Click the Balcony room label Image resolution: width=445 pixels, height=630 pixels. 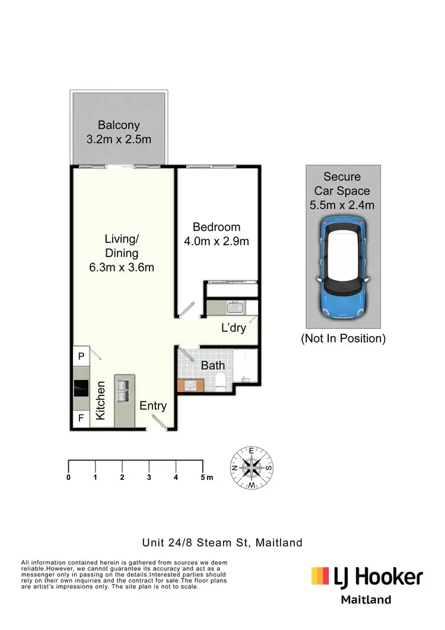click(119, 125)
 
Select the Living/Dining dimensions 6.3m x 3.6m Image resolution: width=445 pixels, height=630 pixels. click(121, 267)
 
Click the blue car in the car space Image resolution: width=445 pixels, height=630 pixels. click(343, 267)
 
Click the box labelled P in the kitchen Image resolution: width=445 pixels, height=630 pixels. click(81, 357)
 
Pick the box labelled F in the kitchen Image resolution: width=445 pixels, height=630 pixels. click(81, 418)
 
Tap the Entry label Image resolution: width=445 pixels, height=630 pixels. click(153, 406)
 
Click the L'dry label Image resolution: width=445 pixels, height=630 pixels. click(233, 328)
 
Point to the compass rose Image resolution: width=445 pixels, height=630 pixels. click(252, 468)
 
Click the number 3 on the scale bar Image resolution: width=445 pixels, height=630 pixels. click(149, 477)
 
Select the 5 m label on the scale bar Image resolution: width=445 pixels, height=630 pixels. click(206, 477)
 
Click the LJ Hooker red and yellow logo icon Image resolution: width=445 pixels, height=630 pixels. click(320, 575)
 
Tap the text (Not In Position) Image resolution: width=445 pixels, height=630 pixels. click(343, 339)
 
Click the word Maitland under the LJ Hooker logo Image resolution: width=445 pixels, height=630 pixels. click(365, 599)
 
